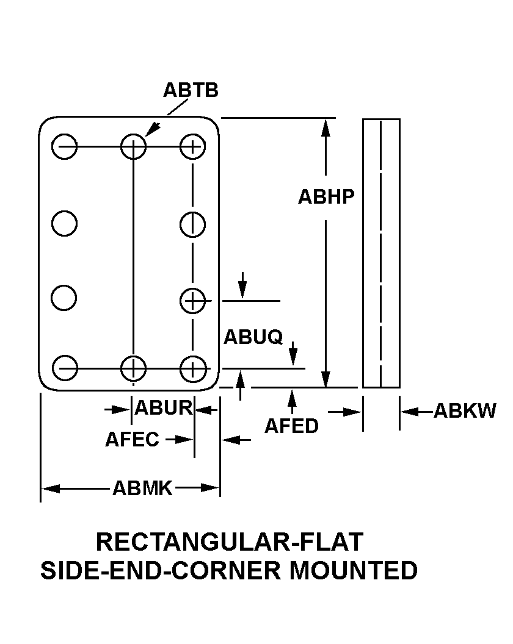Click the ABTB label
click(191, 90)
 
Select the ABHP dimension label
click(326, 197)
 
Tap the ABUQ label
click(253, 337)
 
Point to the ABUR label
click(163, 408)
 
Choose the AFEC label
click(132, 439)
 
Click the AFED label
click(291, 426)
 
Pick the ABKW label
click(465, 412)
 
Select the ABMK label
click(142, 488)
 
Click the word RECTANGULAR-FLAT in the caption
click(230, 542)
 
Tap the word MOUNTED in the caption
click(354, 571)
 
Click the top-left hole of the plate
click(64, 146)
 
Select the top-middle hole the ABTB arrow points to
click(133, 146)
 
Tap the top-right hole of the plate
click(192, 146)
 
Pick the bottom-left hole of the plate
click(64, 368)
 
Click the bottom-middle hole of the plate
click(133, 368)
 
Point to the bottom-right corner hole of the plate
click(192, 368)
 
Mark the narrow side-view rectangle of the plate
click(381, 253)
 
